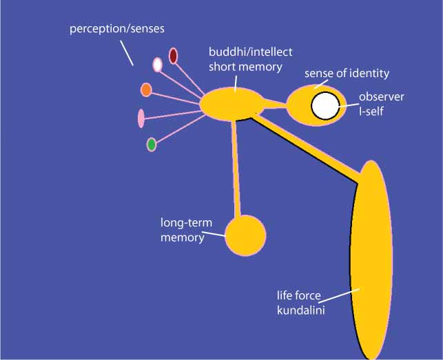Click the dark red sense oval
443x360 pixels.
174,56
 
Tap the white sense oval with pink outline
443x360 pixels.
157,65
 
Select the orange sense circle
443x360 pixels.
146,89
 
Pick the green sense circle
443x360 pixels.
151,145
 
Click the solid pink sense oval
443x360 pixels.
141,118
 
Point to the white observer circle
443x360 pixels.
324,106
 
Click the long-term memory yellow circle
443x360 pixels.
245,235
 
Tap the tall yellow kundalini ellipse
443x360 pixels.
373,262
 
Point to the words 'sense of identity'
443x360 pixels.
347,73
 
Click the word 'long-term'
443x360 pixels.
185,224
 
